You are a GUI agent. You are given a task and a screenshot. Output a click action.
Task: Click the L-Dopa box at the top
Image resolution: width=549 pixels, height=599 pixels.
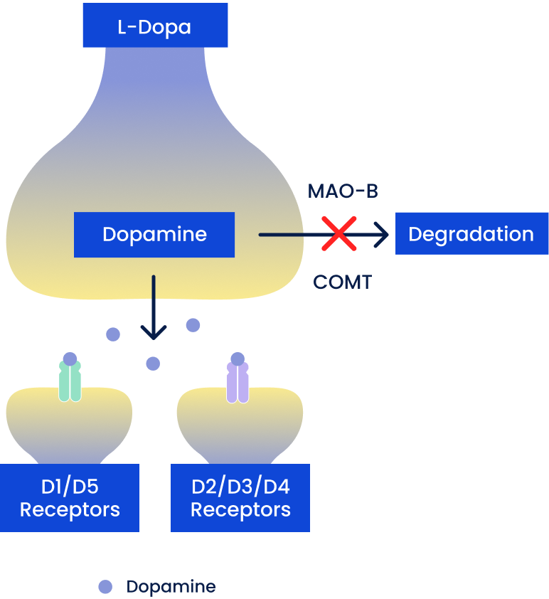(155, 26)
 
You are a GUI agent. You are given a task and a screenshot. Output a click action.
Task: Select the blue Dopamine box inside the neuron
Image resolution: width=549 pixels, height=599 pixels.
(154, 235)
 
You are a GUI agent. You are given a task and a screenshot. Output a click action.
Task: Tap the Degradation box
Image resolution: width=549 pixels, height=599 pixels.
(471, 234)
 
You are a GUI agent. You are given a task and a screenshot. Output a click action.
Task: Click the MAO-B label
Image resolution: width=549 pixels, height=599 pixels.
(343, 191)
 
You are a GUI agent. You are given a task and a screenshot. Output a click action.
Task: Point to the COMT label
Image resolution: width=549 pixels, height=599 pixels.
(343, 282)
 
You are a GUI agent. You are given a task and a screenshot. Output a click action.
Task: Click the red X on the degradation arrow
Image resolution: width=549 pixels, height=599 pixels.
(339, 234)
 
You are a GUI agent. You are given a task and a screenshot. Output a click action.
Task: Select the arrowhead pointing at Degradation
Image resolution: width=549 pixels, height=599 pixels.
(383, 234)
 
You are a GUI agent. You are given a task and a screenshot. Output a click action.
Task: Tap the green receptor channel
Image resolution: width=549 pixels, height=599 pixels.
(70, 384)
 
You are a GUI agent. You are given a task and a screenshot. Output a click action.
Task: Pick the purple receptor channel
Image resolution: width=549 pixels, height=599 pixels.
(238, 384)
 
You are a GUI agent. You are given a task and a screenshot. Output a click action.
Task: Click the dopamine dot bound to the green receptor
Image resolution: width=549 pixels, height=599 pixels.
(70, 359)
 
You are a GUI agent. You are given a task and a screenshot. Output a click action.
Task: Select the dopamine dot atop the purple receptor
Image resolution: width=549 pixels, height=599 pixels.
(238, 359)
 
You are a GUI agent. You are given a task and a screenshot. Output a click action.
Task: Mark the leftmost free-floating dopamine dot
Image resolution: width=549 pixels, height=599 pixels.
(113, 334)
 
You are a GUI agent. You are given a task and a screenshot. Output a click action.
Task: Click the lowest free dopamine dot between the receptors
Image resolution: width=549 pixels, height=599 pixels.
(153, 364)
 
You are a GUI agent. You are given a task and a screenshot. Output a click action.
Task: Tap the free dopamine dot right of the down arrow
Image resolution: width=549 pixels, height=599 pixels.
(193, 325)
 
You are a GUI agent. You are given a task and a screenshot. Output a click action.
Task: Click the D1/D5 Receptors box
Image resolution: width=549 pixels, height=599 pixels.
(70, 498)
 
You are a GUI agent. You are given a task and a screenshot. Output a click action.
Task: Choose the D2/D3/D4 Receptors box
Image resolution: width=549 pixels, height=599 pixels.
(240, 498)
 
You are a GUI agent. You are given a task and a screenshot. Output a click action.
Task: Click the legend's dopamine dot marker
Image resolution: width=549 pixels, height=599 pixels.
(105, 587)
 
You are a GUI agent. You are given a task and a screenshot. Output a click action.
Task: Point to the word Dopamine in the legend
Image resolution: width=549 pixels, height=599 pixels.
(171, 587)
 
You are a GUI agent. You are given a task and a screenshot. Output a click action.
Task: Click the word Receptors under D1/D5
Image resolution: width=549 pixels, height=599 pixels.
(70, 510)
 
